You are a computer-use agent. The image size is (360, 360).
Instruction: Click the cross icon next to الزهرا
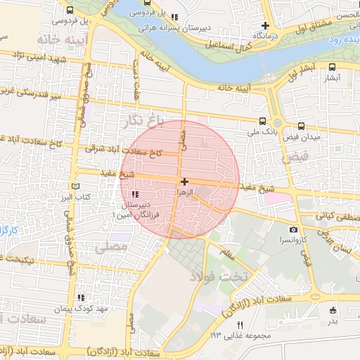tap(184, 182)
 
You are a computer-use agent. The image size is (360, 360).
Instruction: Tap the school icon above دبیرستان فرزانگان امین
tap(136, 194)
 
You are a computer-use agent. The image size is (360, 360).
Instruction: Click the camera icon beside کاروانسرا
tap(293, 230)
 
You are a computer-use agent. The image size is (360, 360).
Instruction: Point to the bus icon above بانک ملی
tap(262, 121)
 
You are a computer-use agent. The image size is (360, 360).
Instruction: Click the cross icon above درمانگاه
tap(265, 25)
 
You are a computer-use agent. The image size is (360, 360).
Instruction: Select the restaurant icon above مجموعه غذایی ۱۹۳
tap(240, 325)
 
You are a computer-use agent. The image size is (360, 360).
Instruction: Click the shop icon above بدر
tap(333, 310)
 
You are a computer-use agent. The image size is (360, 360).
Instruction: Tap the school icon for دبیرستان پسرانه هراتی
tap(174, 17)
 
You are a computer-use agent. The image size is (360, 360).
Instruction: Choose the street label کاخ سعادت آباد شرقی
tap(124, 150)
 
